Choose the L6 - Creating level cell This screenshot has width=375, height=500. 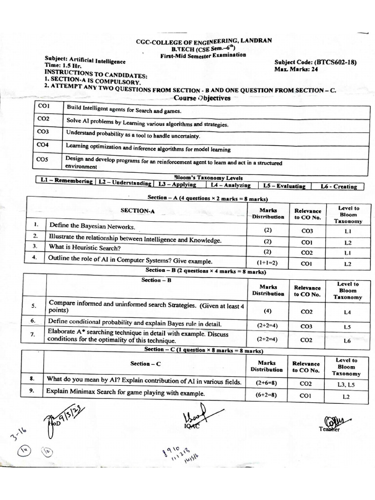pyautogui.click(x=338, y=186)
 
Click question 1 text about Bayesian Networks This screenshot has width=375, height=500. pyautogui.click(x=92, y=227)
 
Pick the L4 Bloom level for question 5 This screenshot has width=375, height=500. pyautogui.click(x=347, y=312)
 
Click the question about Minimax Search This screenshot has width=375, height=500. pyautogui.click(x=125, y=392)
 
